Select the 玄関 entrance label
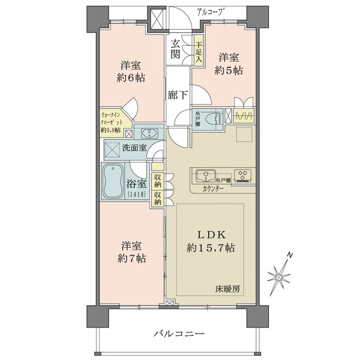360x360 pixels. click(175, 49)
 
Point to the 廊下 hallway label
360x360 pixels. click(178, 95)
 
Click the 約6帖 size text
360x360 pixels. click(129, 79)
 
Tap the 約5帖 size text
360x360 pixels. click(228, 70)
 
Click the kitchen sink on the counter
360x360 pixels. click(206, 176)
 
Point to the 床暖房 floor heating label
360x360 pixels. click(228, 289)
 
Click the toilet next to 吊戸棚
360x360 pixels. click(215, 119)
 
